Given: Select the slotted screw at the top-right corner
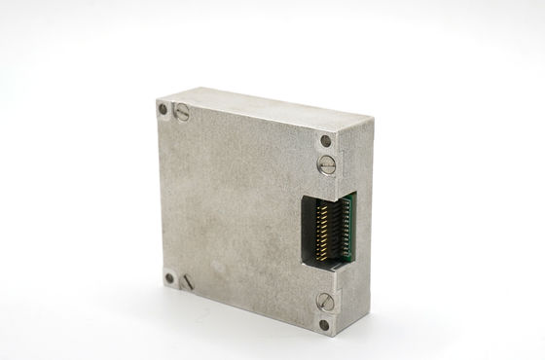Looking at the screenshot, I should click(x=329, y=164).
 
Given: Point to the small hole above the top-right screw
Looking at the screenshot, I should click(x=324, y=144).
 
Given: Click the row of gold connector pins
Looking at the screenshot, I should click(x=322, y=233).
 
